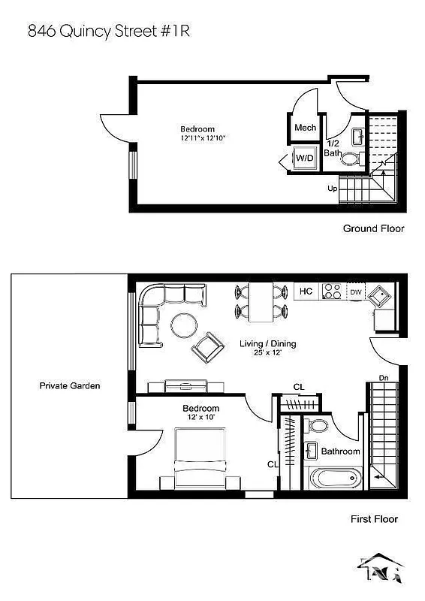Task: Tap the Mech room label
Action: [x=304, y=128]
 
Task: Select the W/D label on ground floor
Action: [x=304, y=159]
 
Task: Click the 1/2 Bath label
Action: [x=332, y=148]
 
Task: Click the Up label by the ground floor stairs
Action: [x=332, y=189]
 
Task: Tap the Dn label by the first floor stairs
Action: [x=383, y=378]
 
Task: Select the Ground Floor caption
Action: [x=373, y=228]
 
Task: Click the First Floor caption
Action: [x=374, y=518]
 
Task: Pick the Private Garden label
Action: [x=69, y=386]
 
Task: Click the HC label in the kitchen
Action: [x=306, y=291]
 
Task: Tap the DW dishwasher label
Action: [x=355, y=291]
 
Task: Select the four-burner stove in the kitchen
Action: [x=331, y=291]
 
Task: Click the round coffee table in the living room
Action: [x=184, y=325]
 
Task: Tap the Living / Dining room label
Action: [x=267, y=344]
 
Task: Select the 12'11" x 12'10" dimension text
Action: [x=202, y=138]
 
